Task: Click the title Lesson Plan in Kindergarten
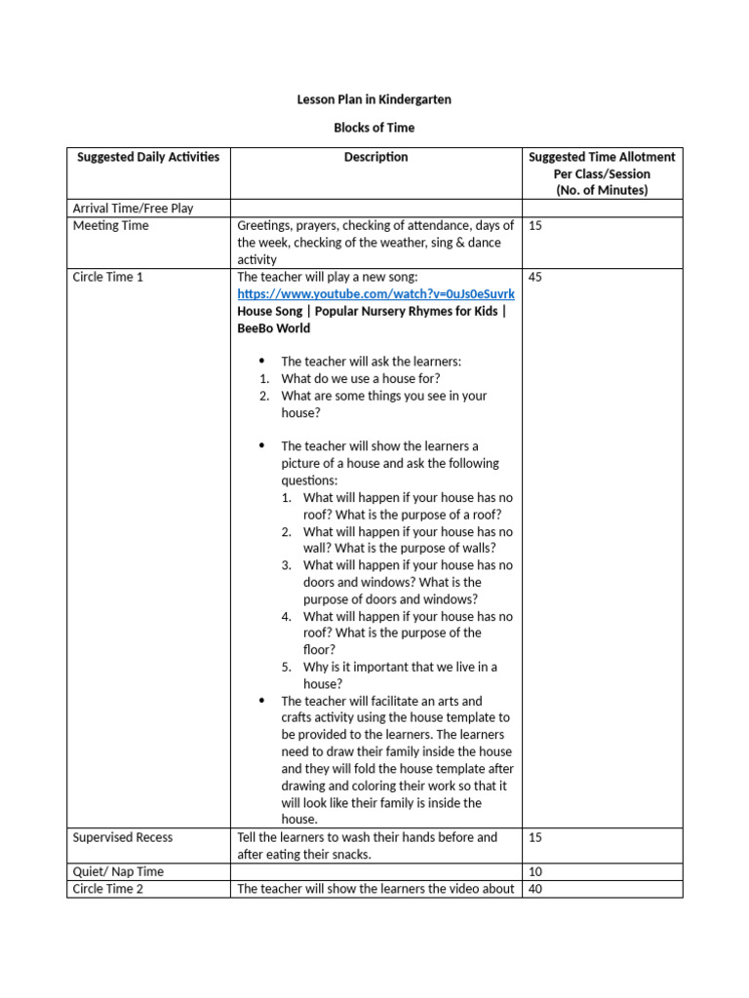tap(374, 99)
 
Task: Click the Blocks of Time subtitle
tap(374, 128)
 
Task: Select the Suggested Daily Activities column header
tap(148, 157)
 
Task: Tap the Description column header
tap(375, 157)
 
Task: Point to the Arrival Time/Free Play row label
tap(133, 208)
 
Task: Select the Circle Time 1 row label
tap(108, 277)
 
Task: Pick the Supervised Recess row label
tap(123, 837)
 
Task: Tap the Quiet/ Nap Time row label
tap(118, 871)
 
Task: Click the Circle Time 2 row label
tap(108, 889)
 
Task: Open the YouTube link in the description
tap(375, 294)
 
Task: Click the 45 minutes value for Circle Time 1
tap(535, 277)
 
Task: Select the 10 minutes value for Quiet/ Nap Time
tap(535, 871)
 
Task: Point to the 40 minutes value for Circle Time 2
tap(535, 889)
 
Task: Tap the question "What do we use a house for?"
tap(360, 378)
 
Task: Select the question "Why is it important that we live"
tap(400, 667)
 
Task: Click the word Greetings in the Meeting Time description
tap(264, 225)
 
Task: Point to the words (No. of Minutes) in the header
tap(601, 190)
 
